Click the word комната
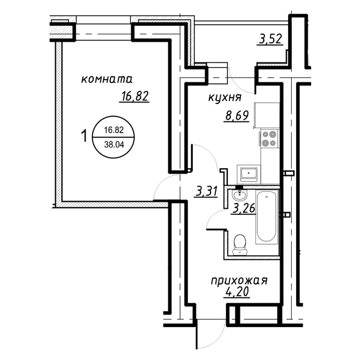click(x=107, y=79)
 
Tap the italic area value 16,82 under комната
click(x=134, y=97)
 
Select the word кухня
click(x=225, y=98)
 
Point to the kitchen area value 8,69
click(x=237, y=116)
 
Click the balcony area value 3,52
click(x=270, y=39)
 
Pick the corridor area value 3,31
click(x=206, y=191)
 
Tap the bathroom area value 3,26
click(x=244, y=208)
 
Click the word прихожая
click(x=239, y=281)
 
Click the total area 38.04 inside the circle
click(x=114, y=145)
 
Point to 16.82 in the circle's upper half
click(x=114, y=131)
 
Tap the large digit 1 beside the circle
click(x=84, y=136)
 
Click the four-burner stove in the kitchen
click(x=269, y=138)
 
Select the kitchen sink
click(x=249, y=174)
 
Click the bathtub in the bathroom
click(x=267, y=217)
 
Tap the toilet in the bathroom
click(x=240, y=245)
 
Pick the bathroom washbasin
click(x=240, y=195)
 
